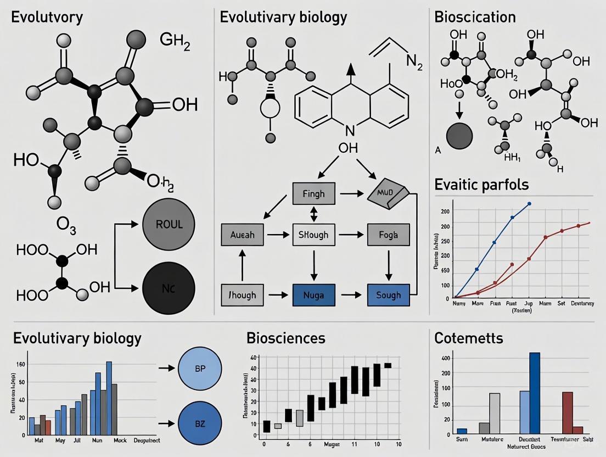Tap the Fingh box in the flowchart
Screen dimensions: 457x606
313,193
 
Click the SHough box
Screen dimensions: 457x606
313,235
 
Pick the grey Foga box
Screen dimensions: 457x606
388,235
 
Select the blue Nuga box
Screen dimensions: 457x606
313,295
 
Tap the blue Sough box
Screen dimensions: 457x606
388,295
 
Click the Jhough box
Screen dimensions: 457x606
242,295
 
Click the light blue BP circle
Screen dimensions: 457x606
200,368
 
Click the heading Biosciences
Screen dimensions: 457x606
285,338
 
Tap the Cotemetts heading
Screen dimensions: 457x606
468,338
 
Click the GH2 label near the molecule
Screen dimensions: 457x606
175,41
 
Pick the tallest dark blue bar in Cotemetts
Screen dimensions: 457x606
534,393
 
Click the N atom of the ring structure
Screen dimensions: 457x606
350,131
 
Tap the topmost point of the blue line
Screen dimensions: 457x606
529,204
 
